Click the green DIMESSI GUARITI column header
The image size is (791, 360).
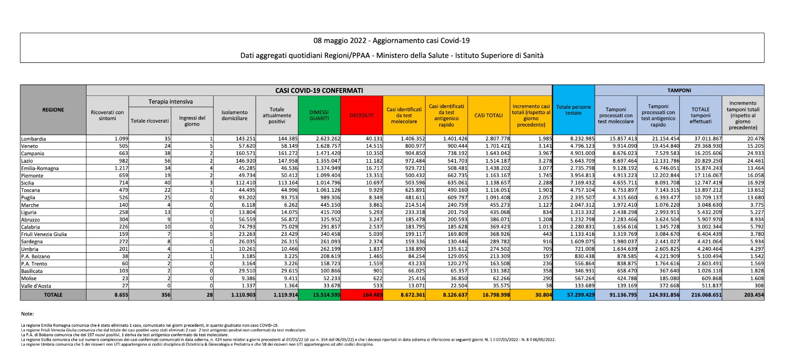[x=319, y=115]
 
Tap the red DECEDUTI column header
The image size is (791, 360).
[x=361, y=115]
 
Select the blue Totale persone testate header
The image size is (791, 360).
[x=573, y=110]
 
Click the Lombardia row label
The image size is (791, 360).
[x=34, y=139]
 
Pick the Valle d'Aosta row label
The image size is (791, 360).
[x=36, y=286]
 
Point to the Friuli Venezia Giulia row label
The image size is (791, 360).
[x=44, y=234]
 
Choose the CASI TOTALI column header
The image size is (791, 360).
[x=488, y=115]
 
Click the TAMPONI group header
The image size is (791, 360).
[x=679, y=90]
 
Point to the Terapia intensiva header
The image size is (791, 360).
[x=171, y=101]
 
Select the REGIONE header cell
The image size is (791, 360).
[x=53, y=110]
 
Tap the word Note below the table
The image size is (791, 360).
[x=28, y=314]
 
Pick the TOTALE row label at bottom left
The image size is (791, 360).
[x=53, y=295]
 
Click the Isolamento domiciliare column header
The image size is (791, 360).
[x=234, y=115]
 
